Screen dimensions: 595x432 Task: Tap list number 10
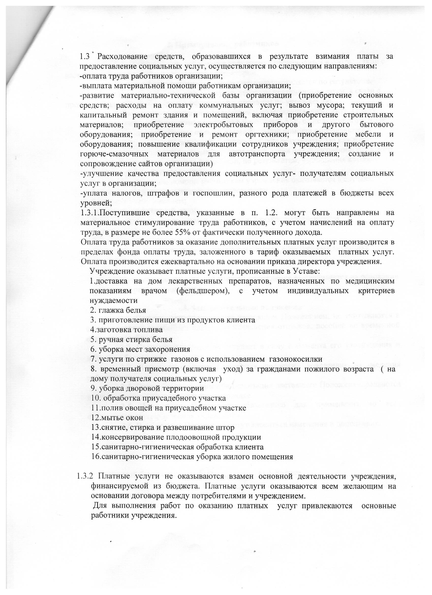click(x=95, y=398)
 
